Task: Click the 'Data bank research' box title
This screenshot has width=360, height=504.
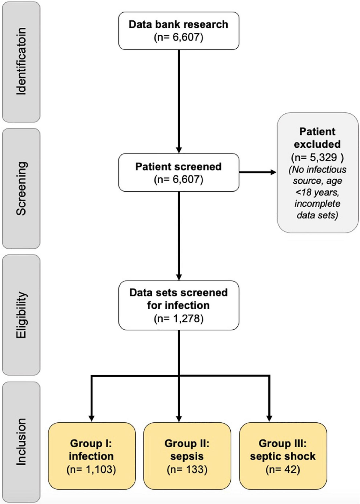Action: [x=178, y=24]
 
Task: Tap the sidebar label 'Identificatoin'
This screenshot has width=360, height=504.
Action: [x=21, y=61]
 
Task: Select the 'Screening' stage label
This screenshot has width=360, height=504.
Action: [x=21, y=188]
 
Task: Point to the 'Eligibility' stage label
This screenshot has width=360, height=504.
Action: [x=21, y=315]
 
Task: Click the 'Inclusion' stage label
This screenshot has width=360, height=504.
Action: [x=21, y=442]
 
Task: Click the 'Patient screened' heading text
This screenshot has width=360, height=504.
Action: [x=178, y=166]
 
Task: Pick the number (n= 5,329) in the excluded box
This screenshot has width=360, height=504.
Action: [x=317, y=157]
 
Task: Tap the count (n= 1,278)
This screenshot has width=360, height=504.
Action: [x=178, y=318]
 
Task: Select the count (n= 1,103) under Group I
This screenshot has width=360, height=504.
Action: [x=91, y=469]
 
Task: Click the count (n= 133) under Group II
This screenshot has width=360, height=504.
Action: [x=187, y=469]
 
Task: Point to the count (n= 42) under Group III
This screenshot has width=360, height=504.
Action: [x=283, y=469]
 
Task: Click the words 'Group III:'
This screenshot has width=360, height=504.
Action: [x=283, y=443]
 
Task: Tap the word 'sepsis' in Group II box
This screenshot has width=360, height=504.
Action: [x=187, y=456]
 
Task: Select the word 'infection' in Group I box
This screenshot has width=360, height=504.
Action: [x=91, y=456]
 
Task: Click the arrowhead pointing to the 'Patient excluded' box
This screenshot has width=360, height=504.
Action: [x=273, y=172]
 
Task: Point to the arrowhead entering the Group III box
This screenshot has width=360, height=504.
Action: [x=269, y=418]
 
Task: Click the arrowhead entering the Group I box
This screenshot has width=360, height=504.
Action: [x=91, y=418]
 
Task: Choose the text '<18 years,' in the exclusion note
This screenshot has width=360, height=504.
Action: [x=317, y=192]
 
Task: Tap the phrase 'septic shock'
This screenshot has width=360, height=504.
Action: [x=283, y=456]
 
